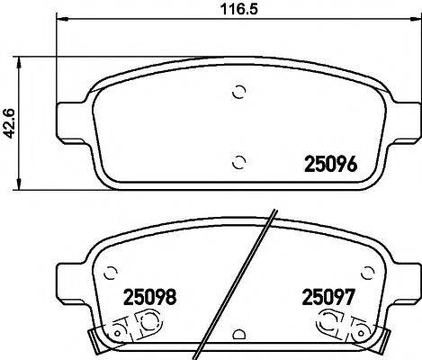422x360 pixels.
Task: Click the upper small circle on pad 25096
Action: (x=239, y=91)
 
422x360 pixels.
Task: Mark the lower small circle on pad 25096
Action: (x=238, y=162)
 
